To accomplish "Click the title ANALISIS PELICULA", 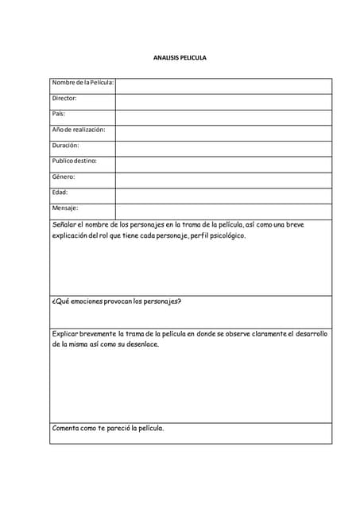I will (180, 58).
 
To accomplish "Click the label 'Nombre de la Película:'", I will (83, 83).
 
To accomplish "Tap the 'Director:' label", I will (64, 98).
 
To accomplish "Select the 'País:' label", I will (59, 114).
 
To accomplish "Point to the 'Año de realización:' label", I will (79, 129).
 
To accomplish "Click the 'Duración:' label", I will (65, 145).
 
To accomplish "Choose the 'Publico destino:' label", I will (74, 161).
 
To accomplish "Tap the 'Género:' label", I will (64, 177).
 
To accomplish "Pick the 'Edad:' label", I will (60, 192).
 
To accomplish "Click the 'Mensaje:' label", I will (65, 208).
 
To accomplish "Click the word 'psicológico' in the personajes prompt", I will (226, 235).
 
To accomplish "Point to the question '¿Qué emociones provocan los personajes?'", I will (117, 301).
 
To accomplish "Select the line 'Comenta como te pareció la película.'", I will (108, 428).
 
